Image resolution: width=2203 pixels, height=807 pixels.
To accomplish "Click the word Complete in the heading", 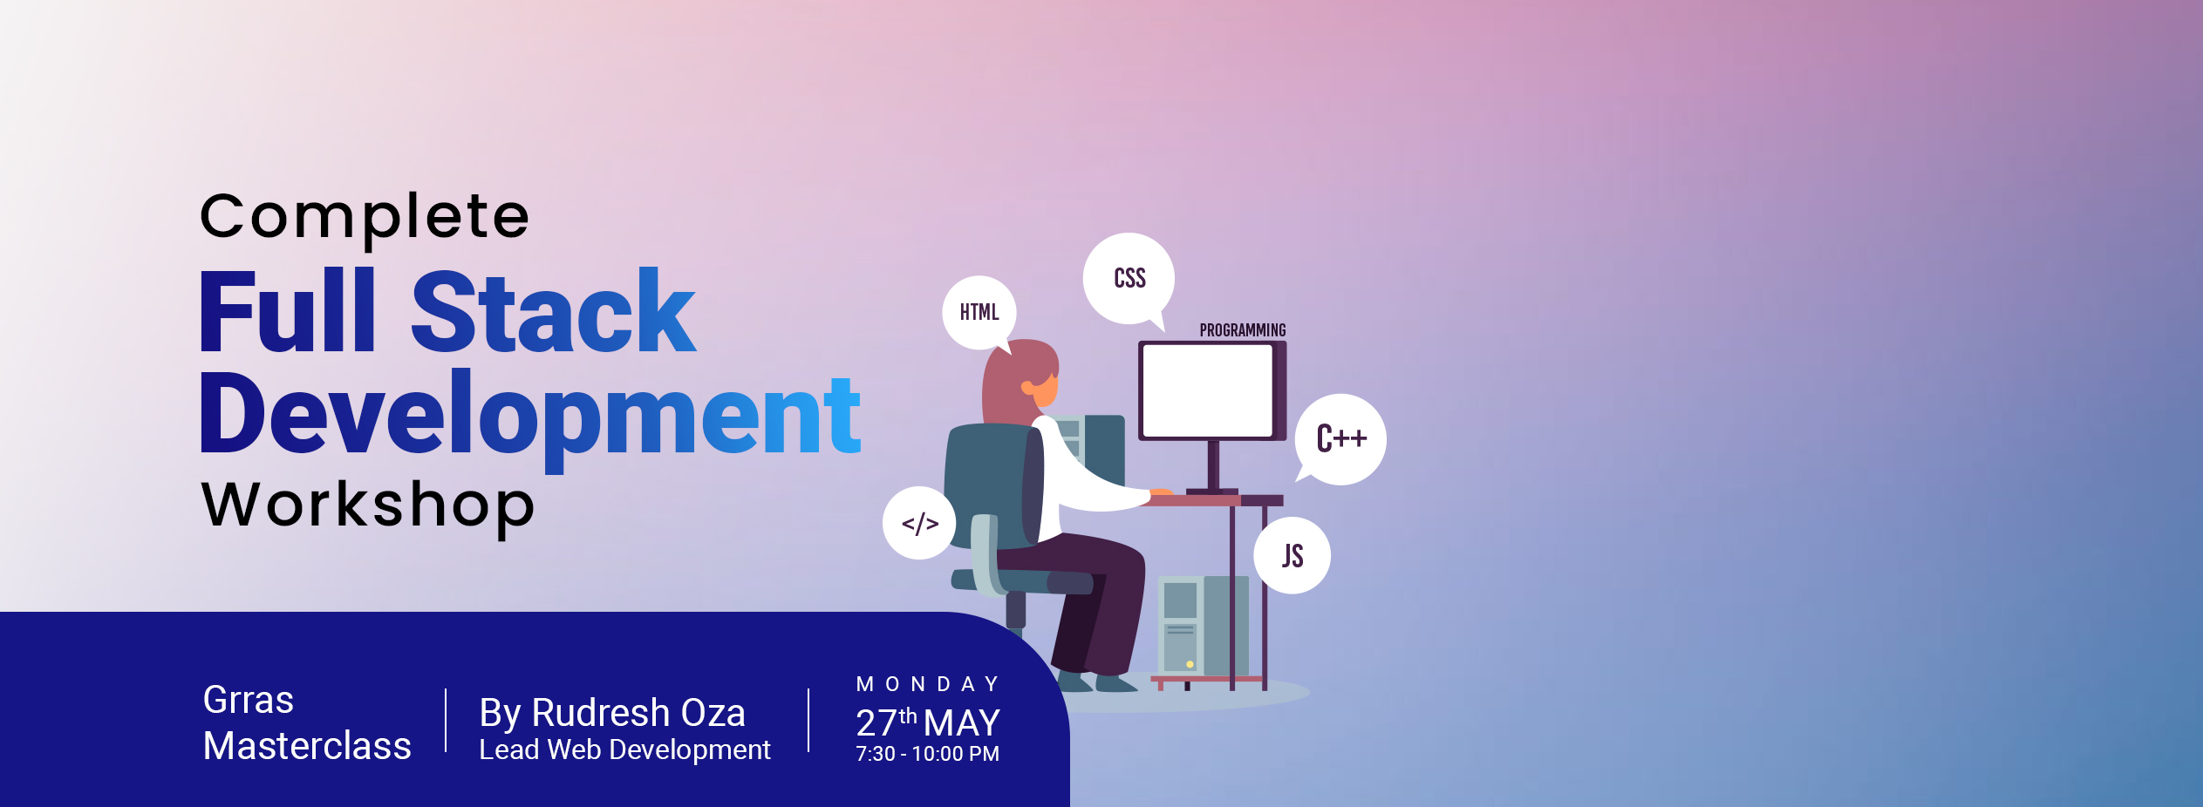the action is click(x=365, y=219).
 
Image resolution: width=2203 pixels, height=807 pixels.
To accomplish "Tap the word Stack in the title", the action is click(x=553, y=311).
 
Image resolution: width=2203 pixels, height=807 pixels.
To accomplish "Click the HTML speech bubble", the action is click(x=979, y=313).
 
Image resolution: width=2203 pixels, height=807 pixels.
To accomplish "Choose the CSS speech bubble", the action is click(x=1129, y=279).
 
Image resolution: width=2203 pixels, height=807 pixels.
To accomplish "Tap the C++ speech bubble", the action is click(x=1340, y=439).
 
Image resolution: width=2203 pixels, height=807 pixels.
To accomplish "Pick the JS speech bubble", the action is click(x=1292, y=556).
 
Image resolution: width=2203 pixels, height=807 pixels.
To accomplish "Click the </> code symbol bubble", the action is click(x=919, y=523).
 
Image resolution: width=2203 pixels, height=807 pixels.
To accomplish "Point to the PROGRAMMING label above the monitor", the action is click(x=1243, y=330).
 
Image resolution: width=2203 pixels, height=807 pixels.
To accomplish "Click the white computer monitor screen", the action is click(x=1208, y=390).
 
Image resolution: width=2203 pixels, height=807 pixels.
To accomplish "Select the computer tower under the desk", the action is click(x=1204, y=625).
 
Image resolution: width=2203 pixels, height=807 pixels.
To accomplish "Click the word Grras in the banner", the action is click(x=249, y=700).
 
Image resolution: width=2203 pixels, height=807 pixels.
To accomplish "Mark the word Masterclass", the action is click(x=307, y=746).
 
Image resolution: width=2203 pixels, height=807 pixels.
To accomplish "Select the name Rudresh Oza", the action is click(x=638, y=713).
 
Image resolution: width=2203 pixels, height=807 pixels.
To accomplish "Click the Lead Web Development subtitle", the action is click(x=624, y=749).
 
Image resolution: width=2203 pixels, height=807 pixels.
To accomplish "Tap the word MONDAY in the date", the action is click(x=928, y=684).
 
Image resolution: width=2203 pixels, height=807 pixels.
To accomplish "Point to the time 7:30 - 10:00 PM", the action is click(x=927, y=754).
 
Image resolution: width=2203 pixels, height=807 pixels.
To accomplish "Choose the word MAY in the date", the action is click(x=962, y=723).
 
